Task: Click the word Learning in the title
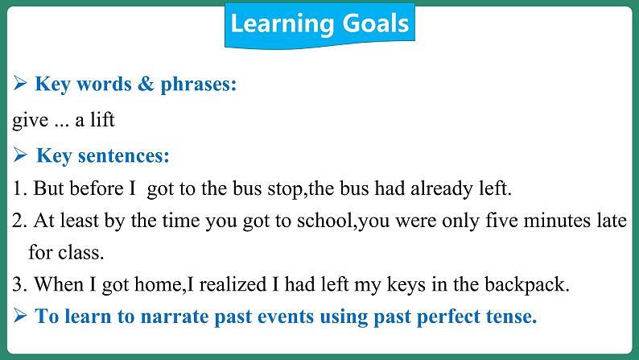click(282, 23)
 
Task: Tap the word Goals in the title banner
click(376, 23)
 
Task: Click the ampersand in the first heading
click(146, 84)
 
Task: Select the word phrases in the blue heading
click(199, 85)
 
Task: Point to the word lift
click(102, 120)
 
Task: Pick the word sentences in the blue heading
click(123, 155)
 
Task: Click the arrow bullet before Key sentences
click(20, 155)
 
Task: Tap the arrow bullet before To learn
click(20, 316)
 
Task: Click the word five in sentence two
click(501, 221)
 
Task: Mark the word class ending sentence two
click(80, 253)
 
